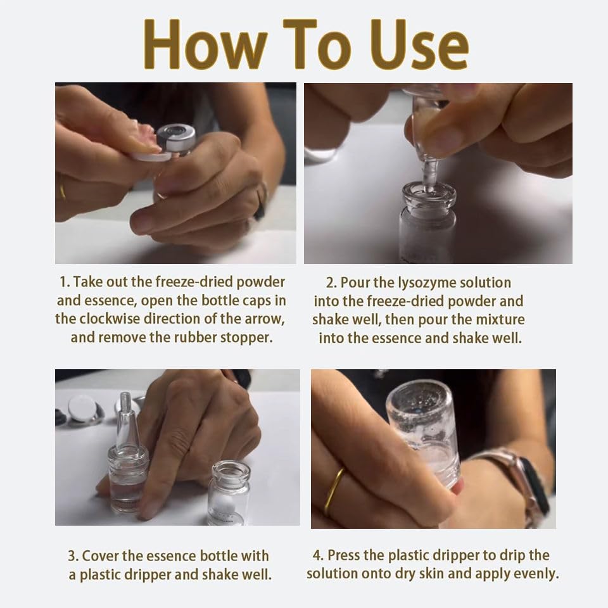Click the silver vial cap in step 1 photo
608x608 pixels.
(x=177, y=138)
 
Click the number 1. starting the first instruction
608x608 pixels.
(x=65, y=282)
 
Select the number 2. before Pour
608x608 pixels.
(x=331, y=283)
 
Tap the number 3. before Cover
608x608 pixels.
(x=73, y=556)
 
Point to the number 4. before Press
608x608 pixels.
(x=319, y=555)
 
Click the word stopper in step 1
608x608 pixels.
(x=246, y=338)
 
